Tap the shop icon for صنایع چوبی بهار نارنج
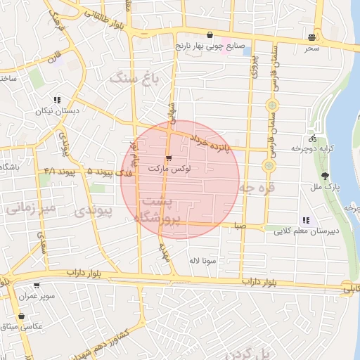click(210, 35)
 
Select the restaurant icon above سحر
click(311, 37)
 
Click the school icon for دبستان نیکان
click(57, 100)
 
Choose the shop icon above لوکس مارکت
click(168, 157)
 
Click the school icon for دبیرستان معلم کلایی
click(305, 220)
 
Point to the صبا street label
click(240, 226)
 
